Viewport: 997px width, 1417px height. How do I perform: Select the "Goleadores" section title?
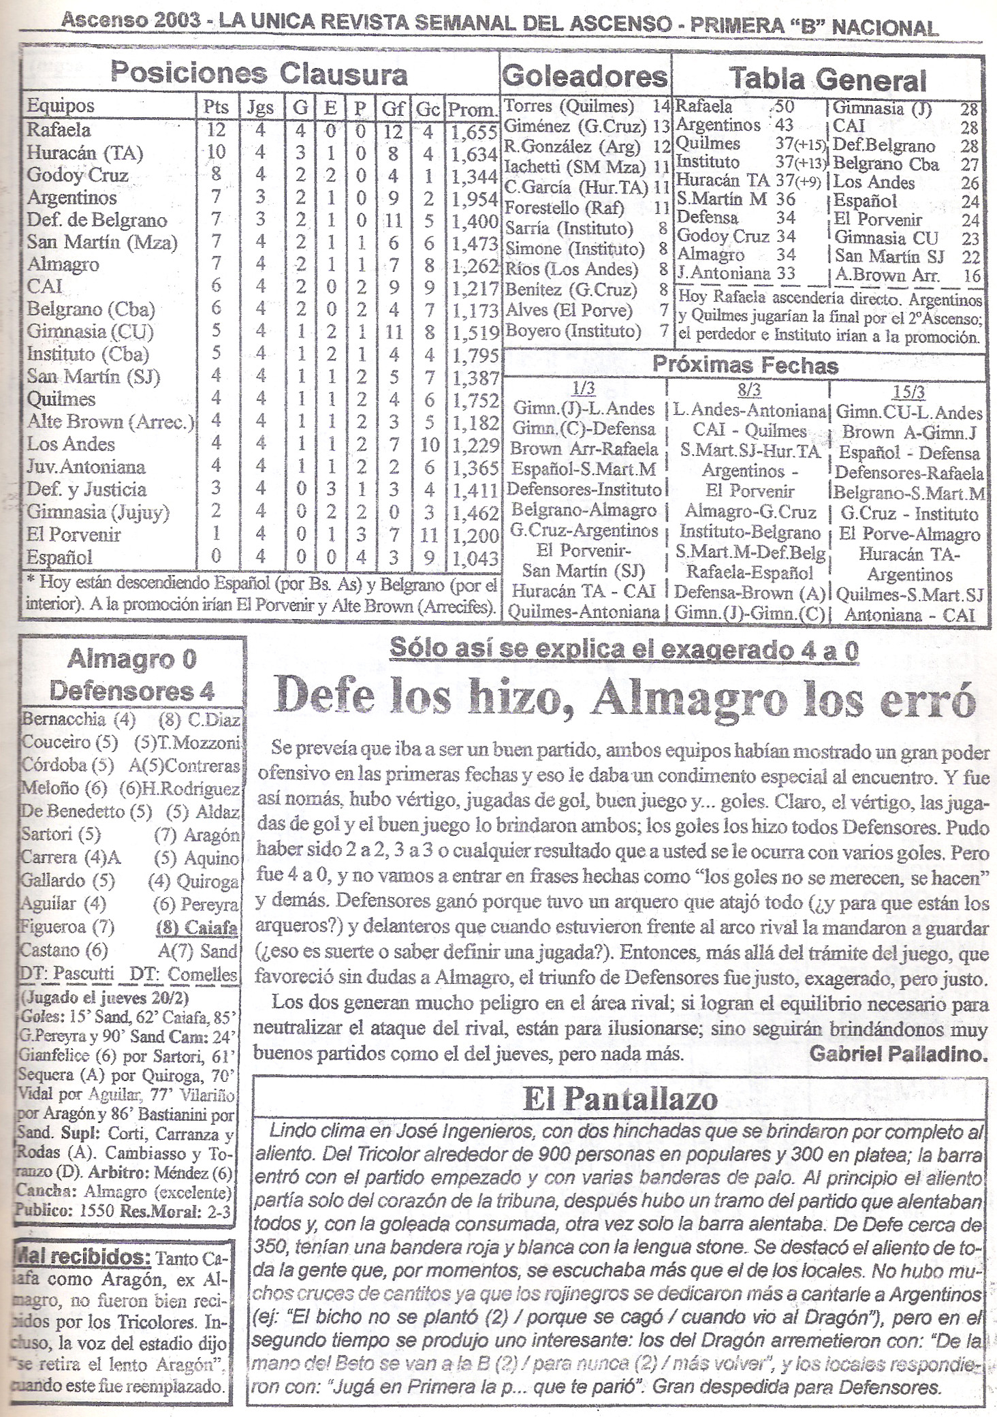(584, 76)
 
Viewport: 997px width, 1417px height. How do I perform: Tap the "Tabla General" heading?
(828, 80)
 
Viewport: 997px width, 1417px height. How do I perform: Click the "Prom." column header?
(472, 109)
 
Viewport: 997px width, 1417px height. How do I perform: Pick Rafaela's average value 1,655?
(474, 131)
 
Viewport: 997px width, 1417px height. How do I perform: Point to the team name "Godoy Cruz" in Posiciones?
(77, 175)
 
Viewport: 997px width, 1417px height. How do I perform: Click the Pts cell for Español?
(216, 557)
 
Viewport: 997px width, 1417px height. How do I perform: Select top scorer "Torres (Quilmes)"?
(569, 107)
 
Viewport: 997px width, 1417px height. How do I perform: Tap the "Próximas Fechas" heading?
(745, 366)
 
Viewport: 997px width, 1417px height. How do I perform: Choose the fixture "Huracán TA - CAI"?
(584, 591)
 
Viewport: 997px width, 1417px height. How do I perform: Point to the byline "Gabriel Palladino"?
(898, 1054)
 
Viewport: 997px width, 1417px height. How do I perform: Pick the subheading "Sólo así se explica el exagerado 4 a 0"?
(624, 651)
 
